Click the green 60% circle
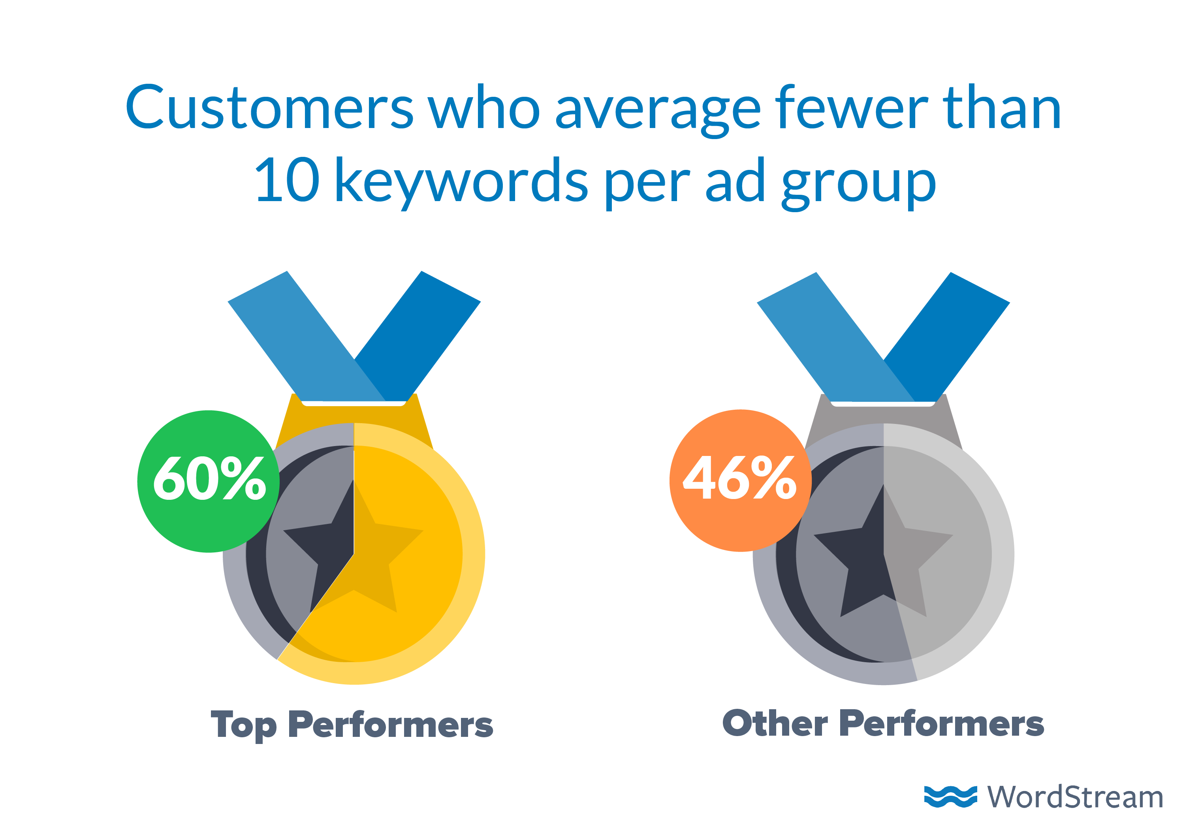click(208, 481)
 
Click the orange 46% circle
click(740, 480)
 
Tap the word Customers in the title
click(269, 107)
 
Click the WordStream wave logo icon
click(950, 797)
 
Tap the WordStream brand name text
click(1075, 797)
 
